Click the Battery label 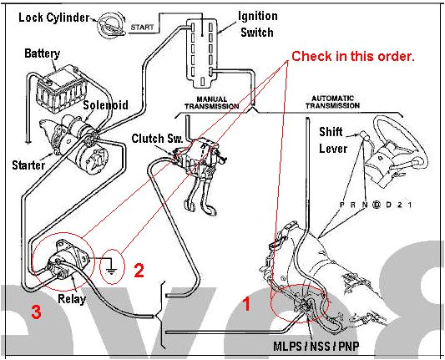42,53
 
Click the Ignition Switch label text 258,23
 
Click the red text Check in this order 352,56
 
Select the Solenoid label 105,105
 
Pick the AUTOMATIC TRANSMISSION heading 343,103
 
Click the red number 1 246,305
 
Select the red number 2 139,270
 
